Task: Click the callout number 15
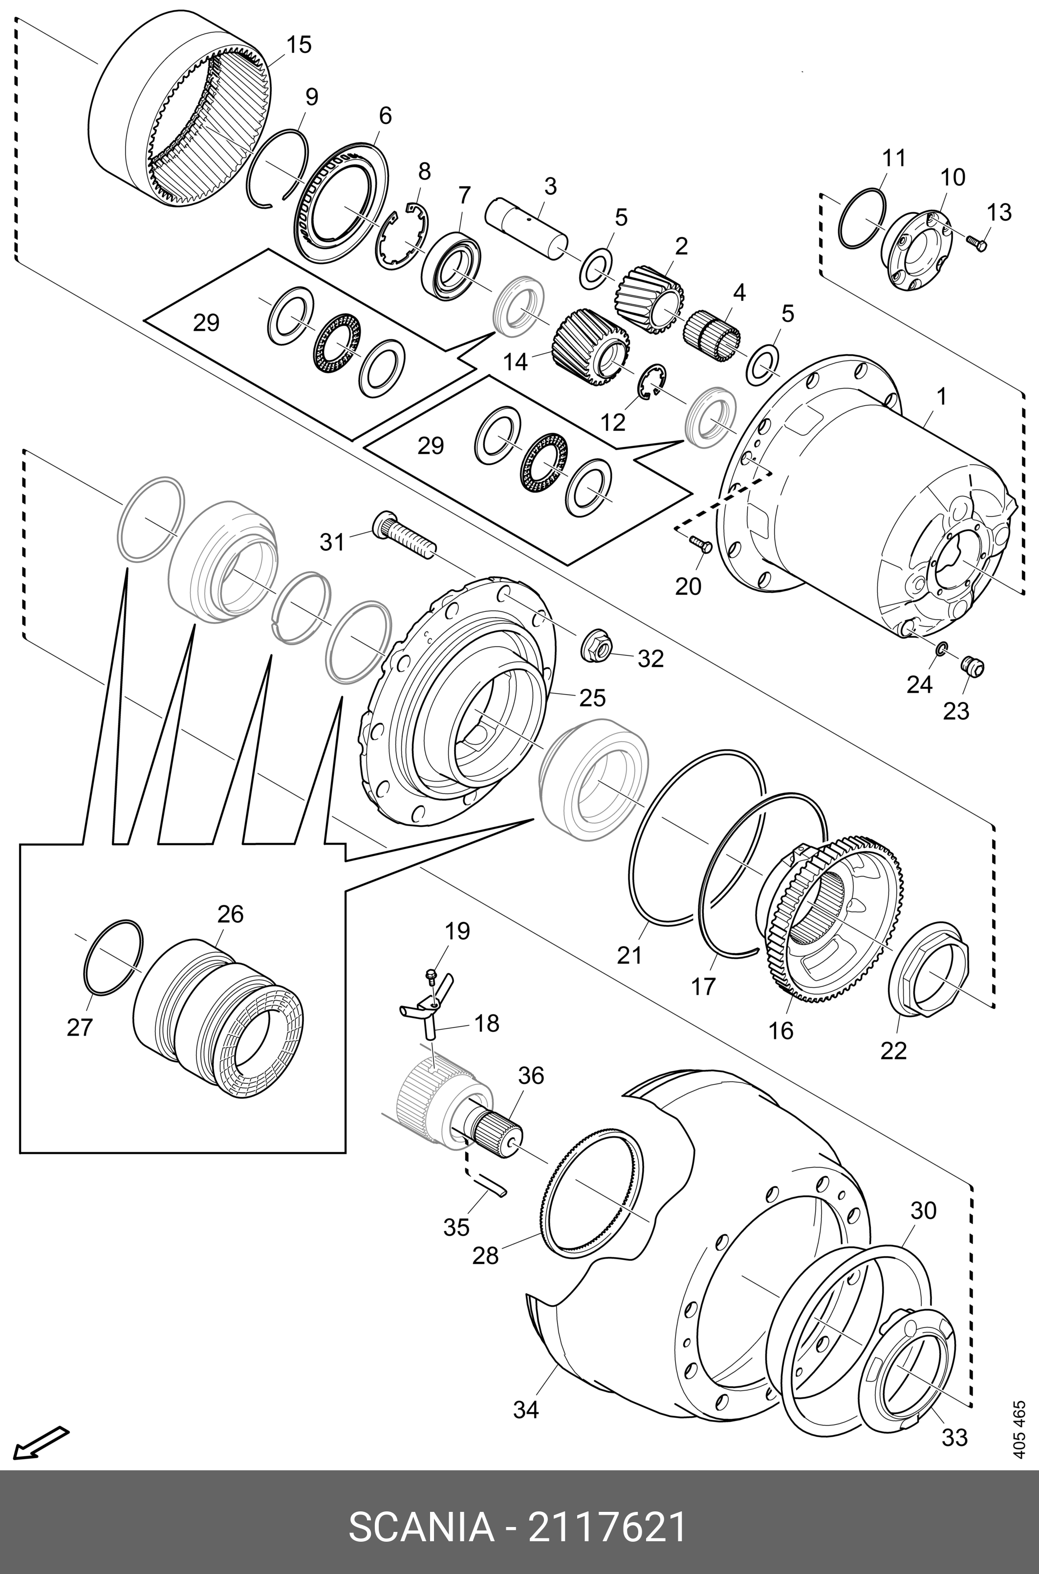coord(298,45)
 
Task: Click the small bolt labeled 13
coord(975,242)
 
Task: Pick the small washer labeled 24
coord(941,647)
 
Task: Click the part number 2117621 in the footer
coord(606,1524)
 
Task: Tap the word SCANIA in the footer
coord(421,1524)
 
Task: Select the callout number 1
coord(941,397)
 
